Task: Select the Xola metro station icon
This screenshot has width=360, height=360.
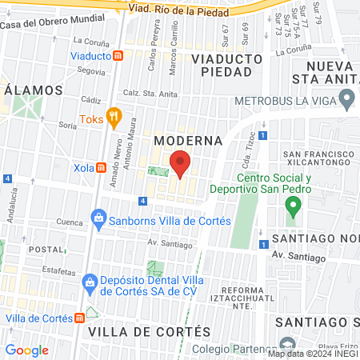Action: point(102,168)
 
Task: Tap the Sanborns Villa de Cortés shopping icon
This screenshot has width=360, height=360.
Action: point(98,217)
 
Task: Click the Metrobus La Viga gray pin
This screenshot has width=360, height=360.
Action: point(346,100)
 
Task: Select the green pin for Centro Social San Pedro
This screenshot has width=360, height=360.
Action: point(293,207)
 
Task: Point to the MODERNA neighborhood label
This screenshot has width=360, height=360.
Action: point(188,141)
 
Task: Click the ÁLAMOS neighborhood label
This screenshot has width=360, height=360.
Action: point(34,90)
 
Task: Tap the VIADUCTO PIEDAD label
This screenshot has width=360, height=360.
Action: point(227,66)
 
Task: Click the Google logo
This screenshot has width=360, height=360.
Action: point(26,350)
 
